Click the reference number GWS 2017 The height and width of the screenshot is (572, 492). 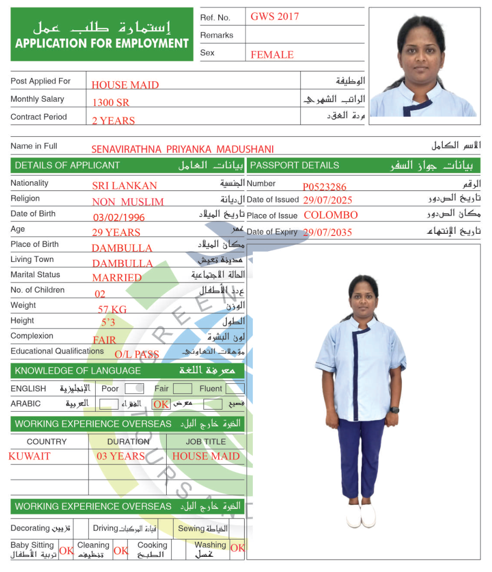tap(274, 17)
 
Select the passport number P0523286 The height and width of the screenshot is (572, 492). tap(324, 187)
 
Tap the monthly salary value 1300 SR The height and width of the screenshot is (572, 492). tap(110, 102)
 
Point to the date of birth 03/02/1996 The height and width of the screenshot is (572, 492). tap(119, 218)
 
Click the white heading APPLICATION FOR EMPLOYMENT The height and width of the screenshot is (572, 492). tap(102, 43)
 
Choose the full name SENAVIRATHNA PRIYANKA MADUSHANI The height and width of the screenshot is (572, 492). tap(182, 149)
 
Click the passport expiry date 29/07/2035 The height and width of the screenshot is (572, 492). tap(327, 233)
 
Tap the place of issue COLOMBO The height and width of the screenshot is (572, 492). tap(330, 215)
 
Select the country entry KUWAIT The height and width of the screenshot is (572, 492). tap(30, 456)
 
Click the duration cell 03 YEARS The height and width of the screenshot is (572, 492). tap(121, 456)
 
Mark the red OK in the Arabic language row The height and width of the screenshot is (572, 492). tap(161, 404)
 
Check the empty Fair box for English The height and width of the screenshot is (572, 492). tap(182, 389)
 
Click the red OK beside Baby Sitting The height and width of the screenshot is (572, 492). tap(66, 551)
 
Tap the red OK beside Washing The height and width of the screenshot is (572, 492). tap(237, 548)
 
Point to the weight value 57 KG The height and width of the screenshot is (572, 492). tap(112, 310)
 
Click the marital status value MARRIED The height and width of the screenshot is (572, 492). tap(116, 278)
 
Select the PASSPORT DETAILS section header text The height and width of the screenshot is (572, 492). tap(294, 166)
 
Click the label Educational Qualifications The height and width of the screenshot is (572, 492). tap(57, 351)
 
